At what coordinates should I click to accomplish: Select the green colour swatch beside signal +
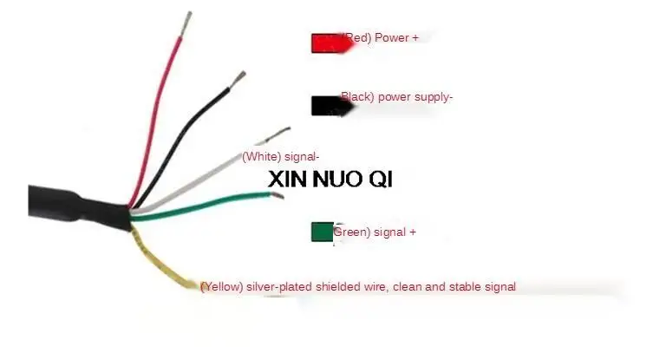[322, 232]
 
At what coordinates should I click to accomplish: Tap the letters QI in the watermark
[381, 180]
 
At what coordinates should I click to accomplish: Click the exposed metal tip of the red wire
[186, 23]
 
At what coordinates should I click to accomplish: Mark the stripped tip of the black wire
[237, 80]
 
